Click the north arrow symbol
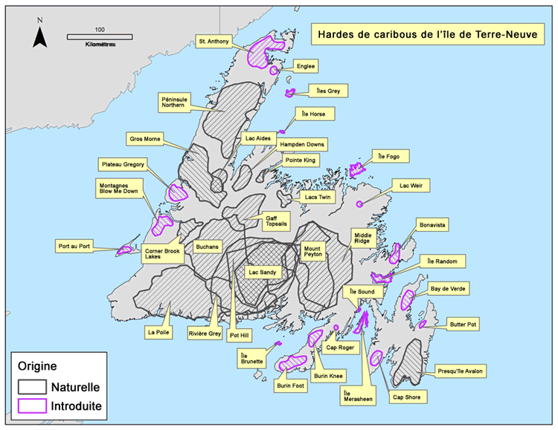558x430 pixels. point(42,33)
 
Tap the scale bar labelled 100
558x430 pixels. point(100,36)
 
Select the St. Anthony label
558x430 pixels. point(214,40)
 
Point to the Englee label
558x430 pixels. point(306,66)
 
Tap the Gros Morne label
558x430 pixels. point(145,138)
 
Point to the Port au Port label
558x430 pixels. point(75,246)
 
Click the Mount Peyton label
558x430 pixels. point(312,252)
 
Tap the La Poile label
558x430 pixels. point(159,332)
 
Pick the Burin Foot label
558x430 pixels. point(288,385)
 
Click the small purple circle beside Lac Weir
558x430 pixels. point(359,203)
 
